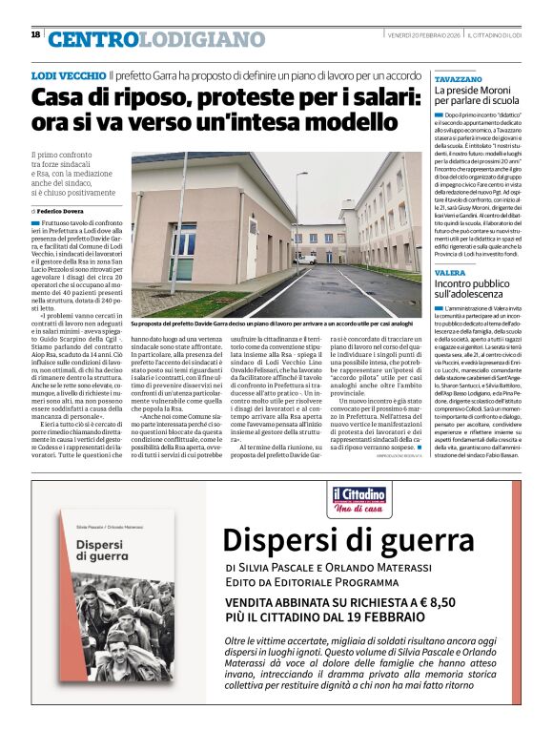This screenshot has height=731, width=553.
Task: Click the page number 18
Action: (x=35, y=34)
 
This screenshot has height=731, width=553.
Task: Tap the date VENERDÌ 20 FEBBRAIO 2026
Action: (x=423, y=35)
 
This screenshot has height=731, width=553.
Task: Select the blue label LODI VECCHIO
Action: (x=69, y=74)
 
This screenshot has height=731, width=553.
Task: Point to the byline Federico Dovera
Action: (x=67, y=209)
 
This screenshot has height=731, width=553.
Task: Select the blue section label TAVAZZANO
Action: (x=458, y=78)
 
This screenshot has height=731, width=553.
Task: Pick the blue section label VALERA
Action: (x=450, y=273)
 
